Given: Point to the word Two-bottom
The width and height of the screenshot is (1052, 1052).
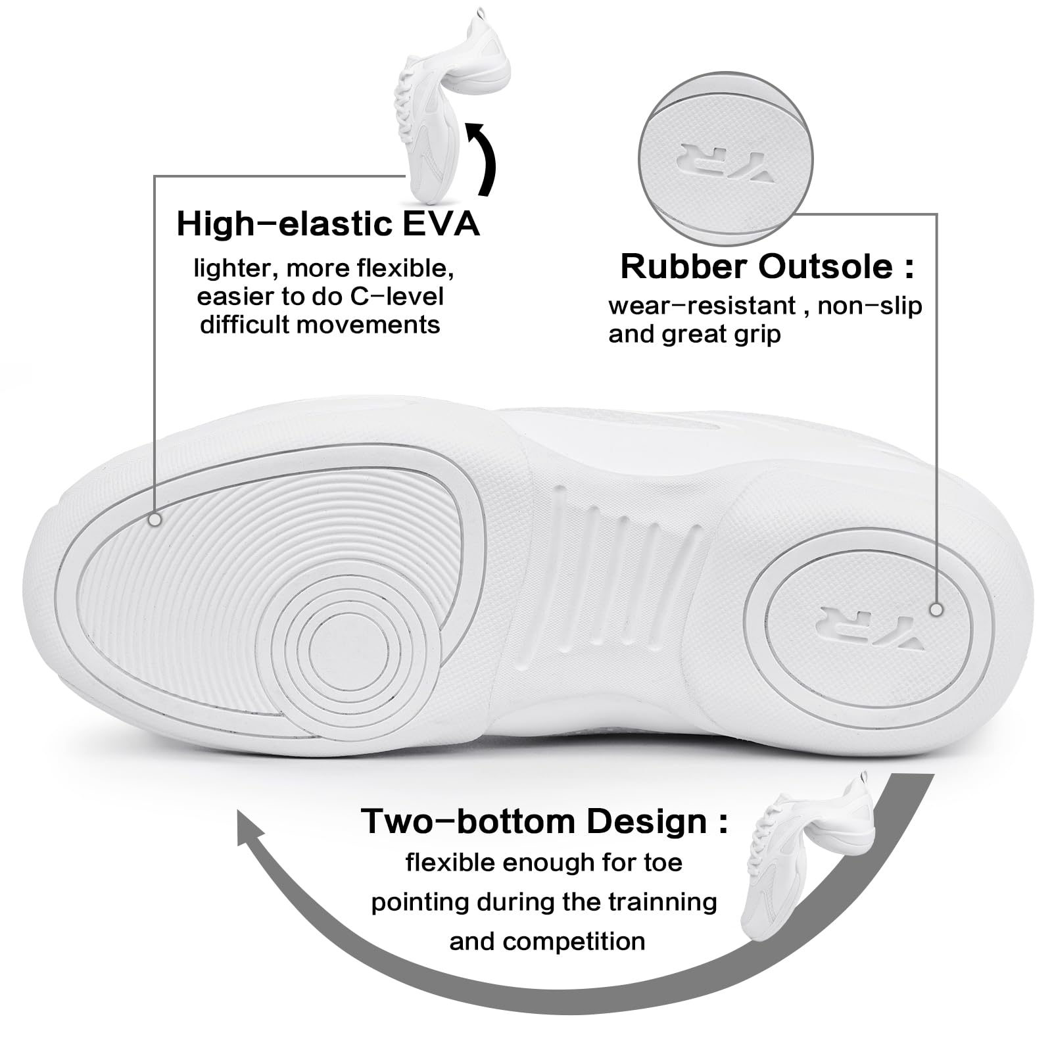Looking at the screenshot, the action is point(467,821).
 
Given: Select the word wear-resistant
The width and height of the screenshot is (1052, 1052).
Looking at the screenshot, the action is point(702,306).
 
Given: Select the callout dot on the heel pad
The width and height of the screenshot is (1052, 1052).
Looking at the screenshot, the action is point(936,610).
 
